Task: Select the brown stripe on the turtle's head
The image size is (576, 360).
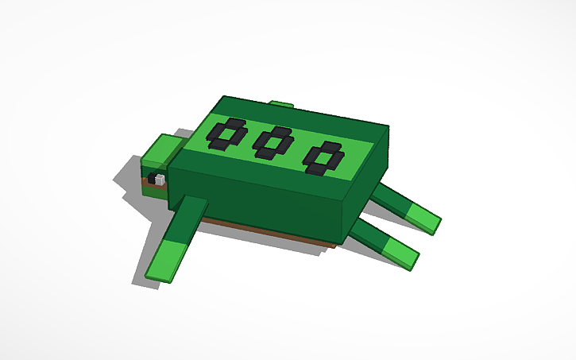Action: pos(151,188)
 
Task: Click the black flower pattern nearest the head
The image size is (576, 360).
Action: pos(226,134)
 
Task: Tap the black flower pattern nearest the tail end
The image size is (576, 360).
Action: pos(323,157)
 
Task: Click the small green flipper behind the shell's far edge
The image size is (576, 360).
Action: pos(281,103)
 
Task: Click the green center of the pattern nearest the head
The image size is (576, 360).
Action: pos(226,134)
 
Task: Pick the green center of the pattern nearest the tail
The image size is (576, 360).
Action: pos(323,157)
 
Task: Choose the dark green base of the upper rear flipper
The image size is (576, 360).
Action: pos(389,198)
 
